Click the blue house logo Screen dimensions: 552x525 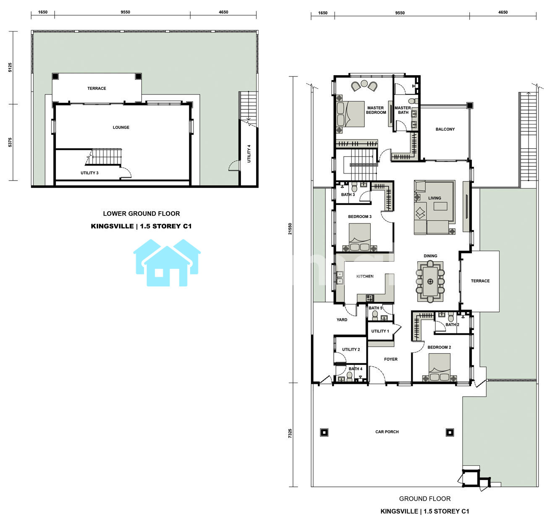tap(167, 263)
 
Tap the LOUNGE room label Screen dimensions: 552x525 tap(121, 127)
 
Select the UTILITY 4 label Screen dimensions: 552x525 tap(249, 154)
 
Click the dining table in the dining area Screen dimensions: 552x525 tap(430, 281)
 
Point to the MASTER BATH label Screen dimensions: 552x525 tap(403, 110)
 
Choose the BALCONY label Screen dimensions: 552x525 tap(445, 129)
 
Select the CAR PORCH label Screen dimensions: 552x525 tap(387, 432)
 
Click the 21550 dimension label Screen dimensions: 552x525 tap(290, 229)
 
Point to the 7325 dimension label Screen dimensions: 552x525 tap(290, 433)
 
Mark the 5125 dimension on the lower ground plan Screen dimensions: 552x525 tap(10, 68)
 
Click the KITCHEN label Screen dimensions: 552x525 tap(365, 276)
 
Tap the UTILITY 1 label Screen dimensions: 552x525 tap(380, 331)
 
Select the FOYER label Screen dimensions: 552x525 tap(390, 359)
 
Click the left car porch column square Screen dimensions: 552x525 tap(324, 432)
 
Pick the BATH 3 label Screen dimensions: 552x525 tap(348, 194)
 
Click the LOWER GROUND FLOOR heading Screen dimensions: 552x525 tap(141, 214)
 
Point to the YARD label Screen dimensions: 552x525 tap(342, 320)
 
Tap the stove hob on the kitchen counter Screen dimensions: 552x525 tap(370, 298)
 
